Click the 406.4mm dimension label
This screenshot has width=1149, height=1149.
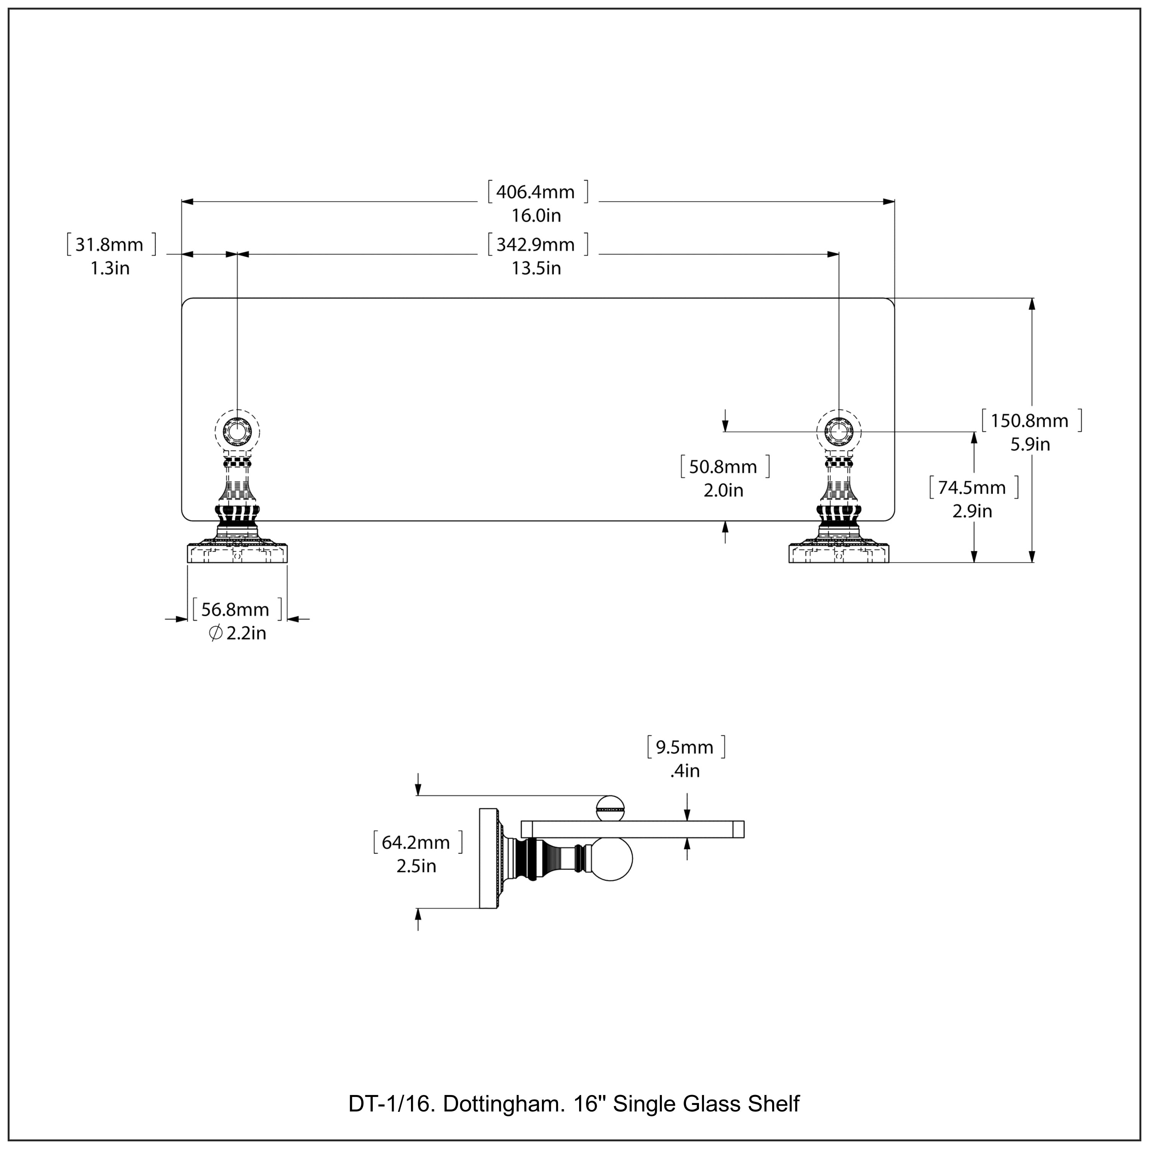pyautogui.click(x=536, y=192)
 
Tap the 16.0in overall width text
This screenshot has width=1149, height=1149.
pyautogui.click(x=536, y=215)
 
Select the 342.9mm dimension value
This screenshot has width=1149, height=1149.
pyautogui.click(x=536, y=245)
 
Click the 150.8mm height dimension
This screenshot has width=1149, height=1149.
pyautogui.click(x=1030, y=421)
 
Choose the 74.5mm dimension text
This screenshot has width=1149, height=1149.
pyautogui.click(x=972, y=488)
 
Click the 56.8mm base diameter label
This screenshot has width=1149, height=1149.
pyautogui.click(x=236, y=610)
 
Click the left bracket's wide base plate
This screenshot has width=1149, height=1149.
pyautogui.click(x=237, y=553)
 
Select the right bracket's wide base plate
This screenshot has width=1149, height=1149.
pyautogui.click(x=838, y=553)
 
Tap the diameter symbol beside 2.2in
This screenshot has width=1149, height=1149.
pyautogui.click(x=216, y=633)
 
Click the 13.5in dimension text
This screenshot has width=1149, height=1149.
pyautogui.click(x=536, y=268)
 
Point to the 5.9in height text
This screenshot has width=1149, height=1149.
pyautogui.click(x=1030, y=444)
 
